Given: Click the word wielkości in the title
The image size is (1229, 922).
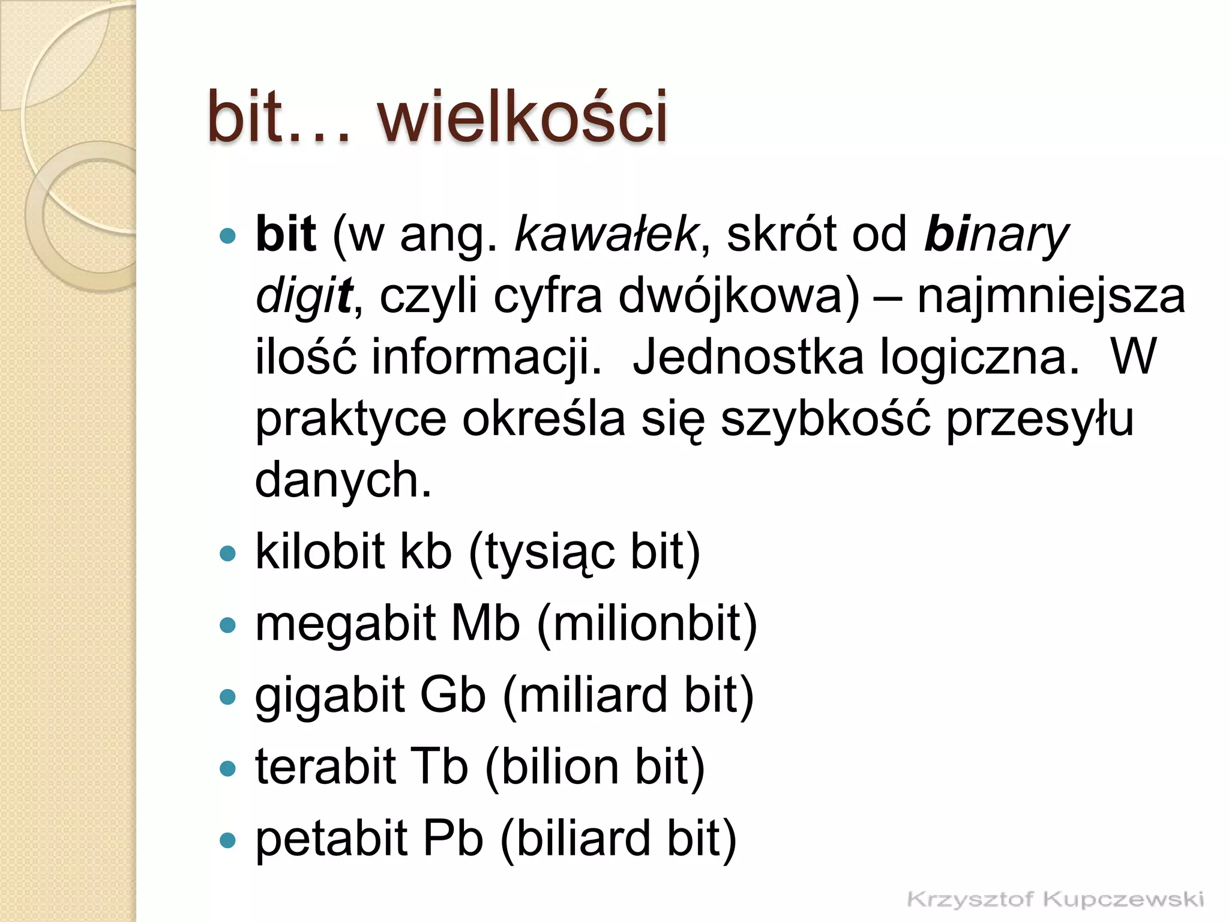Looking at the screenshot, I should click(x=522, y=117).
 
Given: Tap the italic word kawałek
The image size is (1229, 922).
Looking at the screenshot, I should click(x=606, y=234).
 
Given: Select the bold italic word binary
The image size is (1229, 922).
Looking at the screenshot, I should click(x=996, y=235).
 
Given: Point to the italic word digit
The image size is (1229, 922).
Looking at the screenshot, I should click(x=304, y=297).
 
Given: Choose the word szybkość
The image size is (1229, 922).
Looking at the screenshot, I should click(x=826, y=420).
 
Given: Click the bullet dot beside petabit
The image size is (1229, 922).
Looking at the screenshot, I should click(x=228, y=840).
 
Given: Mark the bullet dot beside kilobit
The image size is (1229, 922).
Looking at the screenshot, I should click(x=228, y=553).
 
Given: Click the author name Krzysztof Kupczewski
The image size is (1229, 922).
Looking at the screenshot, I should click(x=1055, y=899).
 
